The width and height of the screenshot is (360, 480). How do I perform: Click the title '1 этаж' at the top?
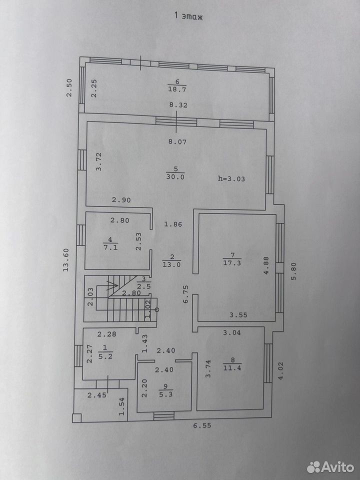pos(188,15)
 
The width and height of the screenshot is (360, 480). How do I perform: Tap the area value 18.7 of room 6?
pos(177,89)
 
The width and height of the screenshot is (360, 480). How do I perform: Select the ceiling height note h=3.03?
pos(231,179)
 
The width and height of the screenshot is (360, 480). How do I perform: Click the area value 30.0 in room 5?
pos(175,176)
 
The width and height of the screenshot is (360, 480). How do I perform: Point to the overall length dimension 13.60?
pos(66,259)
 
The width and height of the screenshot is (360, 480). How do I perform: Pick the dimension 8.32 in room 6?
pos(178,105)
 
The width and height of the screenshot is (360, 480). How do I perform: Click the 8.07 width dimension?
pos(177,141)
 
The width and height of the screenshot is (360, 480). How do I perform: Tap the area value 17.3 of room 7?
pos(232,262)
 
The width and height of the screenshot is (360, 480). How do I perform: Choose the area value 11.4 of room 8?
pos(232,367)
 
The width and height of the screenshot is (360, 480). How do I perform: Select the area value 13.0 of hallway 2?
pos(171,265)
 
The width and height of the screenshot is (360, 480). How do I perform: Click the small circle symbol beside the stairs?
pos(157,310)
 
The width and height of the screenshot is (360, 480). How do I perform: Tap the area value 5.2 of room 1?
pos(105,356)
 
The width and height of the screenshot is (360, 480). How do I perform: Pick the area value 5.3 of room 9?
pos(166,394)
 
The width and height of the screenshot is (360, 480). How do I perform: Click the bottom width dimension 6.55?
pos(202,425)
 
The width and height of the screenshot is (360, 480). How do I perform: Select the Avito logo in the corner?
pos(330,467)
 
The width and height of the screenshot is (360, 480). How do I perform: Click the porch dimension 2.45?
pos(97,395)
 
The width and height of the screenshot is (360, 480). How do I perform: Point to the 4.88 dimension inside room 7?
pos(266,265)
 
